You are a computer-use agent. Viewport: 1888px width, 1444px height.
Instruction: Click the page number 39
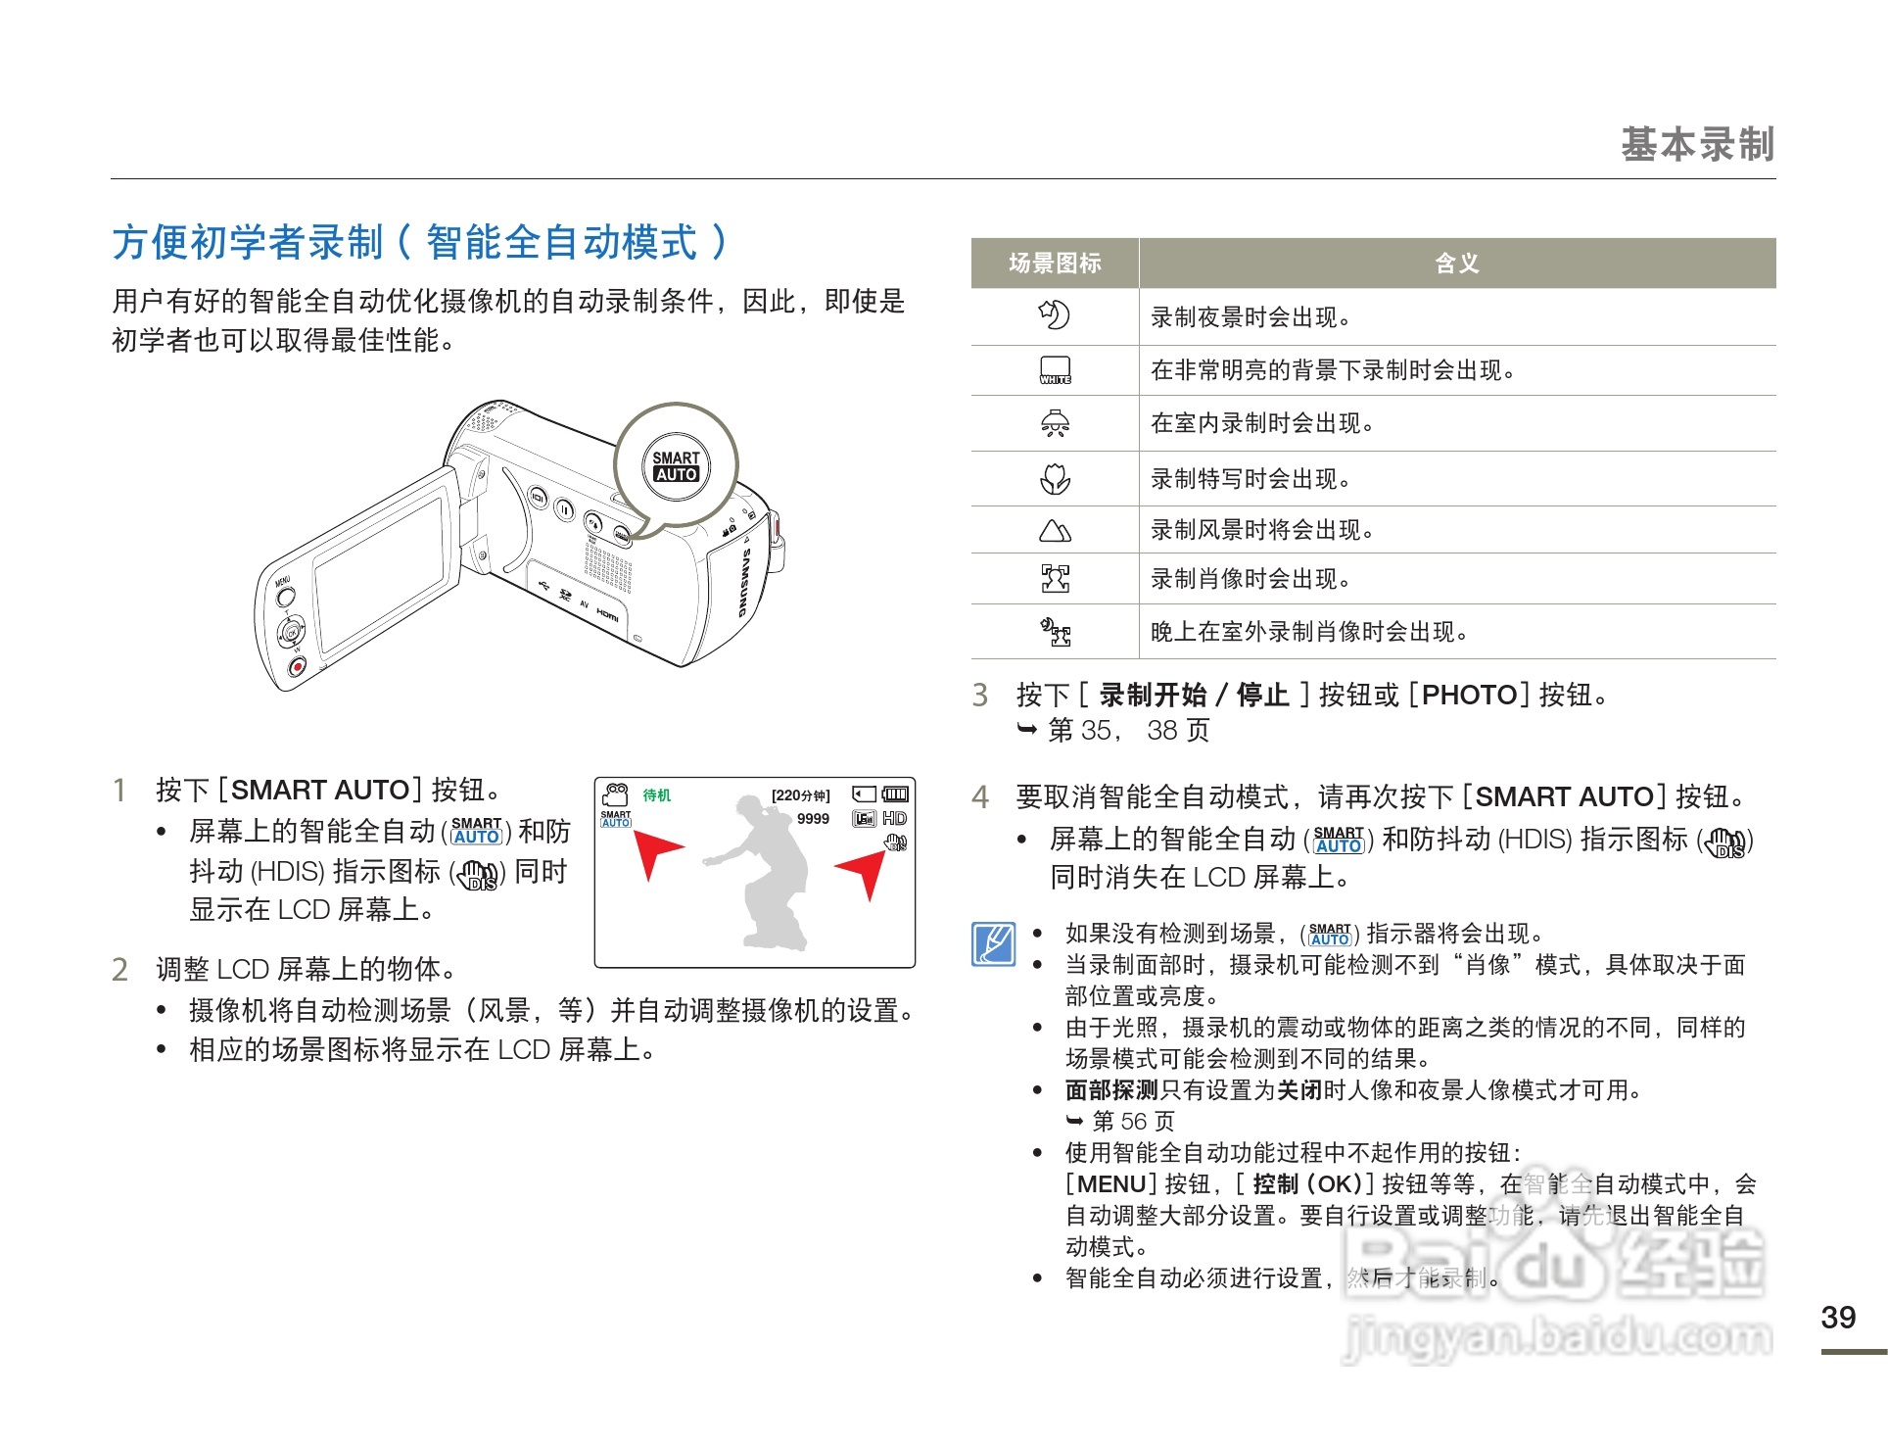tap(1838, 1318)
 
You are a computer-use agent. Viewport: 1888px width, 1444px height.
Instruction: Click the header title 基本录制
tap(1697, 144)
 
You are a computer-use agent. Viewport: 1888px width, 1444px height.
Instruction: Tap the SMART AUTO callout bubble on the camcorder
tap(676, 466)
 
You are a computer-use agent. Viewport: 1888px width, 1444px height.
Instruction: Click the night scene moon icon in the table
tap(1054, 315)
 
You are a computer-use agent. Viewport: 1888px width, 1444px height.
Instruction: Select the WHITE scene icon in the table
tap(1055, 370)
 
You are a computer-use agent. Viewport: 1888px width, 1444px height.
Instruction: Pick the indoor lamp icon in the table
tap(1055, 423)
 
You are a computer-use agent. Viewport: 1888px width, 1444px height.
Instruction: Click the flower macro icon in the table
tap(1055, 479)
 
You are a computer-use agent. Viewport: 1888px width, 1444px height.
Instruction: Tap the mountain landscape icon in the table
tap(1055, 531)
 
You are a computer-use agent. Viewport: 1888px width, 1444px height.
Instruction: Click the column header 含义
tap(1456, 263)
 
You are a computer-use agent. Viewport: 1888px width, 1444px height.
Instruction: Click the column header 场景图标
tap(1055, 263)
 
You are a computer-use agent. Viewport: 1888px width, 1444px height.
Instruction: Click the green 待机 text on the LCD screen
tap(656, 795)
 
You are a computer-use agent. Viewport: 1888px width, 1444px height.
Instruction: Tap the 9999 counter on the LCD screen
tap(813, 819)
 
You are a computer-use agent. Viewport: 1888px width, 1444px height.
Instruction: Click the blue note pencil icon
tap(993, 944)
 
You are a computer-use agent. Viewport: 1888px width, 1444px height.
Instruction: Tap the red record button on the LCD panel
tap(298, 666)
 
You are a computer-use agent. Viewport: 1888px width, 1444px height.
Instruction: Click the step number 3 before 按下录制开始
tap(980, 695)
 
